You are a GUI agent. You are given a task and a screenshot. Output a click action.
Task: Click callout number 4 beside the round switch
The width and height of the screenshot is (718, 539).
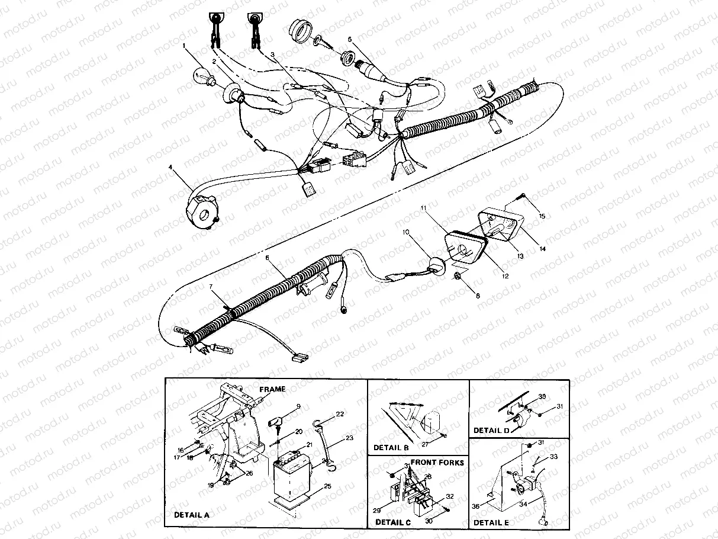point(170,168)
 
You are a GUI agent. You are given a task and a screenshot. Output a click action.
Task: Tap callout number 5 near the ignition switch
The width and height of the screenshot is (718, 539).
point(350,39)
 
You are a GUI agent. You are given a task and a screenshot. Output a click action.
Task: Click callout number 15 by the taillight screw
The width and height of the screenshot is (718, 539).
point(541,216)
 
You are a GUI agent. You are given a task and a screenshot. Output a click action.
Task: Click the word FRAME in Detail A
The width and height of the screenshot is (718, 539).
point(272,389)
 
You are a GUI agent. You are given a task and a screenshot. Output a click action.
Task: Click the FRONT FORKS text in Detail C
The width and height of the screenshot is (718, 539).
point(437,462)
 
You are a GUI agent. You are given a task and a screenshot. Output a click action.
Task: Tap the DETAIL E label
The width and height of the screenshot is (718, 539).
point(491,522)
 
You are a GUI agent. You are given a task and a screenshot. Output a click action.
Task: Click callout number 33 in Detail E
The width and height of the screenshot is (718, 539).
point(553,457)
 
